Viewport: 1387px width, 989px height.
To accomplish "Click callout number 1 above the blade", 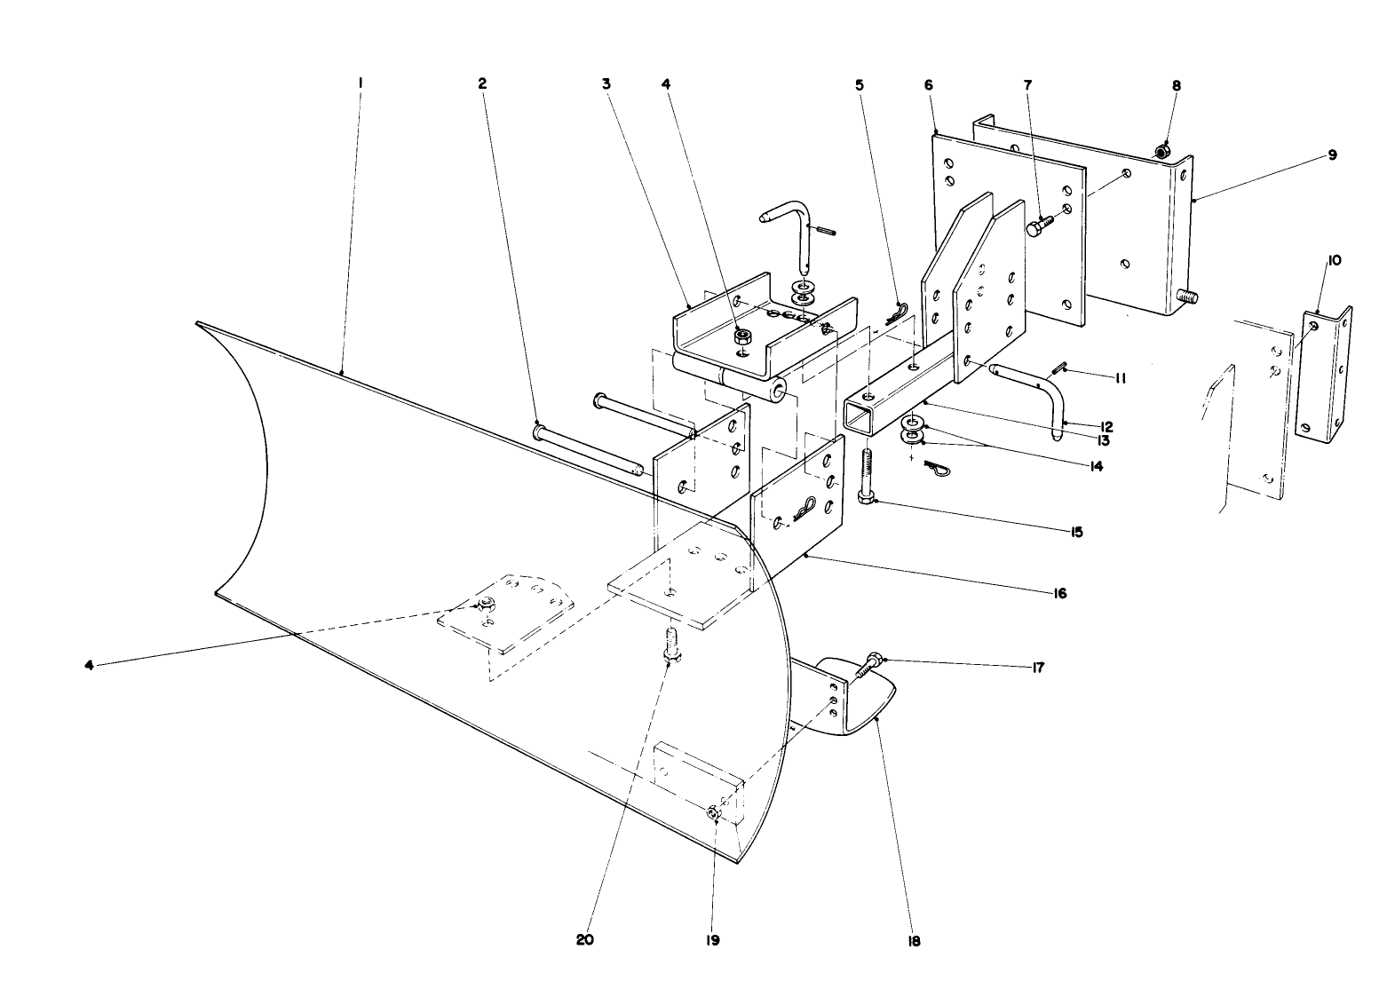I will (361, 83).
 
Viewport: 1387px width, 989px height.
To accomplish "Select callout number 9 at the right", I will (1331, 154).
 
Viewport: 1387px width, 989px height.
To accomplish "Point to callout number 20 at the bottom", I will (584, 940).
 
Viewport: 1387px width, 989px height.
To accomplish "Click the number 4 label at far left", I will (89, 663).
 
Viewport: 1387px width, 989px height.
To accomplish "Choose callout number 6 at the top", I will (928, 84).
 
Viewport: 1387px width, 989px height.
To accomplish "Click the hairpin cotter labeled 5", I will (899, 313).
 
